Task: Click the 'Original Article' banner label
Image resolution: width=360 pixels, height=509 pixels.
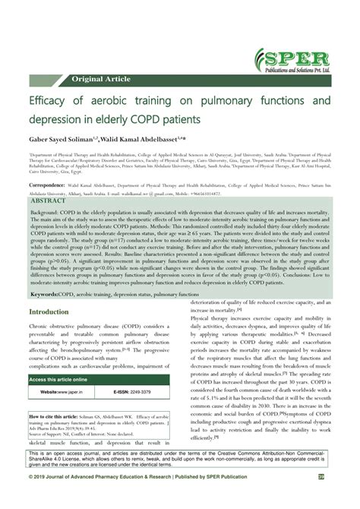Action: click(103, 79)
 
